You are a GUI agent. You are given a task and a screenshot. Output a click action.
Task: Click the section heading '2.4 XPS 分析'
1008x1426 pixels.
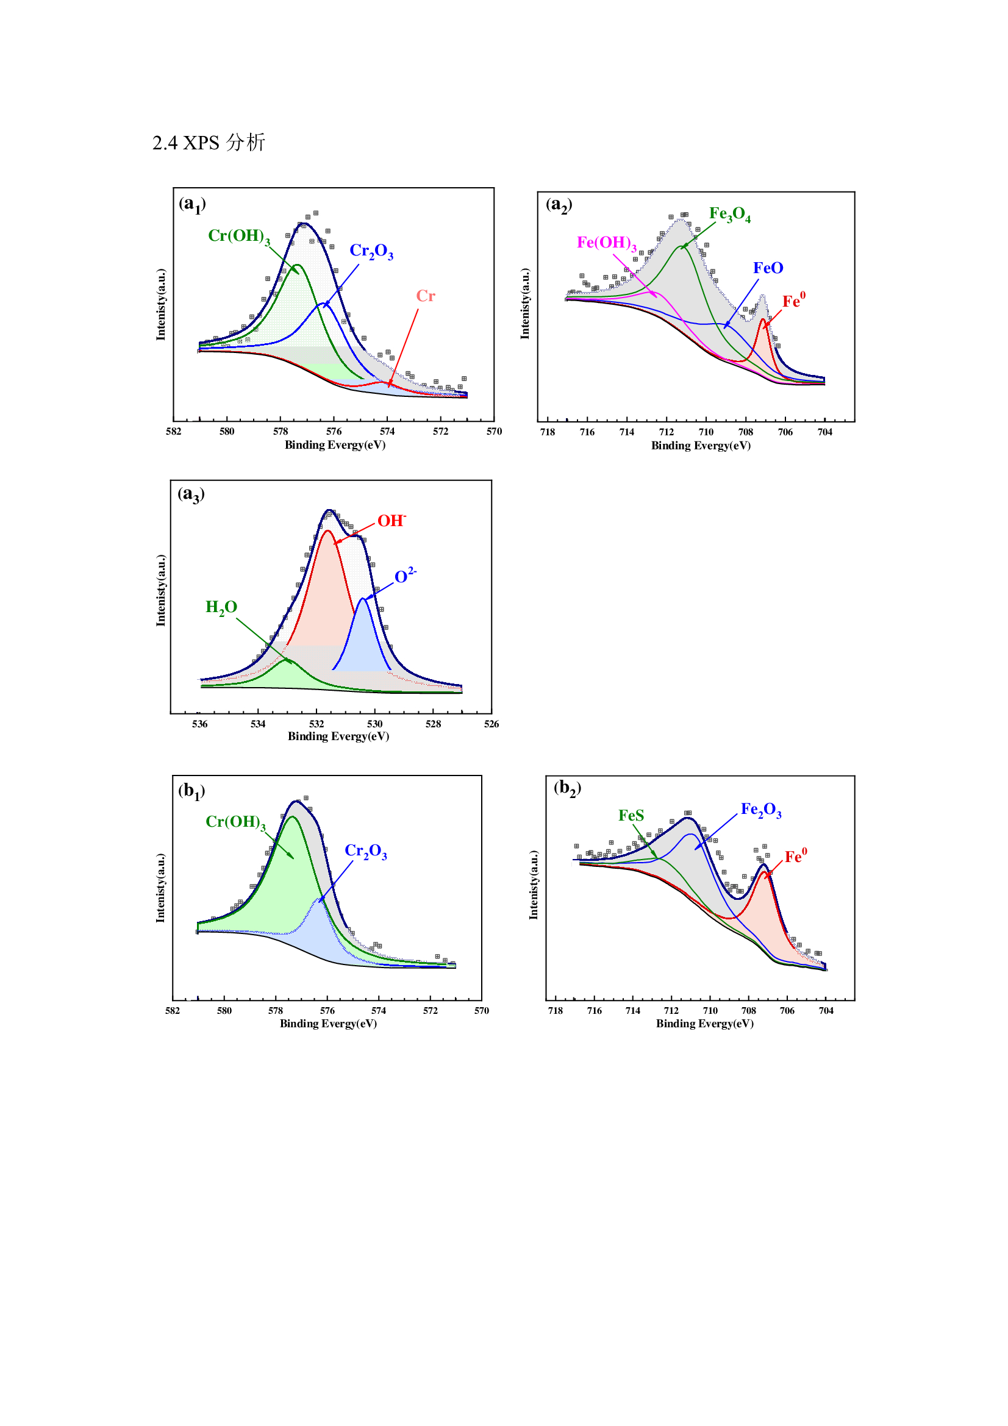click(209, 143)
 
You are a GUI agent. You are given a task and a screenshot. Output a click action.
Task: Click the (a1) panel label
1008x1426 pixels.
click(192, 204)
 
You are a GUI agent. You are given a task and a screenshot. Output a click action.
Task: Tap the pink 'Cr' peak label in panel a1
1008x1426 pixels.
click(426, 296)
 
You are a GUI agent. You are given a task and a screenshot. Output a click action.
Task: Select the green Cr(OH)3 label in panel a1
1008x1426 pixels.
click(238, 237)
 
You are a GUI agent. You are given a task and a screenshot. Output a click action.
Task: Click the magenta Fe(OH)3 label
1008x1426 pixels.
click(606, 243)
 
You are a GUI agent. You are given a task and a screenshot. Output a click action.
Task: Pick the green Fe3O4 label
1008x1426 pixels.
click(730, 215)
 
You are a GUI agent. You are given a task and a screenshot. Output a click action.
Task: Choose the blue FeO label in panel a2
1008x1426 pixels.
click(768, 268)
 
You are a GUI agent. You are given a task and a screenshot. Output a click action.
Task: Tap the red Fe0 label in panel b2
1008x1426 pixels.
click(796, 857)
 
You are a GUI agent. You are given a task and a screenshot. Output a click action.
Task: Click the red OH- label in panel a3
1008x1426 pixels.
click(391, 521)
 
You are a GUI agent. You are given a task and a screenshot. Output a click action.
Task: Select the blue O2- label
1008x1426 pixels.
click(405, 576)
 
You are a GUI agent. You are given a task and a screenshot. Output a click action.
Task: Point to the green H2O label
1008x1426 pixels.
click(221, 607)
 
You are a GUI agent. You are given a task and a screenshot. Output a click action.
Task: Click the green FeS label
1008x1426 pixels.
click(631, 816)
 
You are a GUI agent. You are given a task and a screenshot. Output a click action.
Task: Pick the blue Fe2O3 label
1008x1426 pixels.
click(761, 810)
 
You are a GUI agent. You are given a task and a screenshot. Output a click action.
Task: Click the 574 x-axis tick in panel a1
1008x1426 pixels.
click(387, 432)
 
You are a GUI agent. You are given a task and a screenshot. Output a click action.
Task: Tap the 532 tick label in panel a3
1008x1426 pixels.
click(316, 724)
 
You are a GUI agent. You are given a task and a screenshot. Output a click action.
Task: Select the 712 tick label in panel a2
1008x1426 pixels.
click(667, 432)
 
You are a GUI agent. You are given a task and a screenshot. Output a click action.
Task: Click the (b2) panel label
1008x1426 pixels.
click(567, 789)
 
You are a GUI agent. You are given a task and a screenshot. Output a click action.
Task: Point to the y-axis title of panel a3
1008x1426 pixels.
click(161, 590)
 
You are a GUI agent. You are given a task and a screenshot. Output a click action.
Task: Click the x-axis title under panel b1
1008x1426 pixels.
click(328, 1023)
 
